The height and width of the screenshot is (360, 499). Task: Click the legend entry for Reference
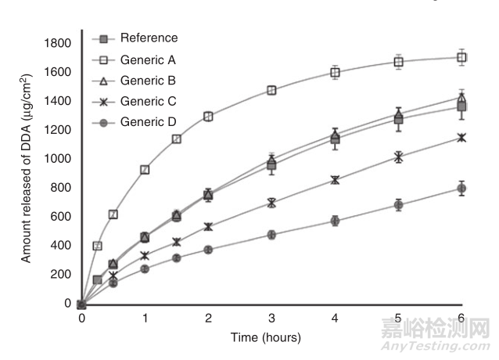click(149, 38)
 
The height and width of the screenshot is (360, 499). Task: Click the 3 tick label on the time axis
click(271, 319)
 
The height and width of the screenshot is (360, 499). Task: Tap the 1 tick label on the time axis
click(145, 319)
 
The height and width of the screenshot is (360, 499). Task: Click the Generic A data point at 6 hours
click(461, 57)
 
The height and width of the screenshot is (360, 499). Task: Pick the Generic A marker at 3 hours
click(271, 91)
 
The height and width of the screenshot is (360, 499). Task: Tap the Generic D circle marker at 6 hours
click(461, 189)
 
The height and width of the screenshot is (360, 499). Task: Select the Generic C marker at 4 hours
click(335, 180)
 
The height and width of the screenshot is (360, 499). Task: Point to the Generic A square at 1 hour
click(145, 170)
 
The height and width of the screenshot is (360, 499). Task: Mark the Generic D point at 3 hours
click(271, 234)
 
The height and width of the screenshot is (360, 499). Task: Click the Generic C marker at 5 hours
click(398, 157)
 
